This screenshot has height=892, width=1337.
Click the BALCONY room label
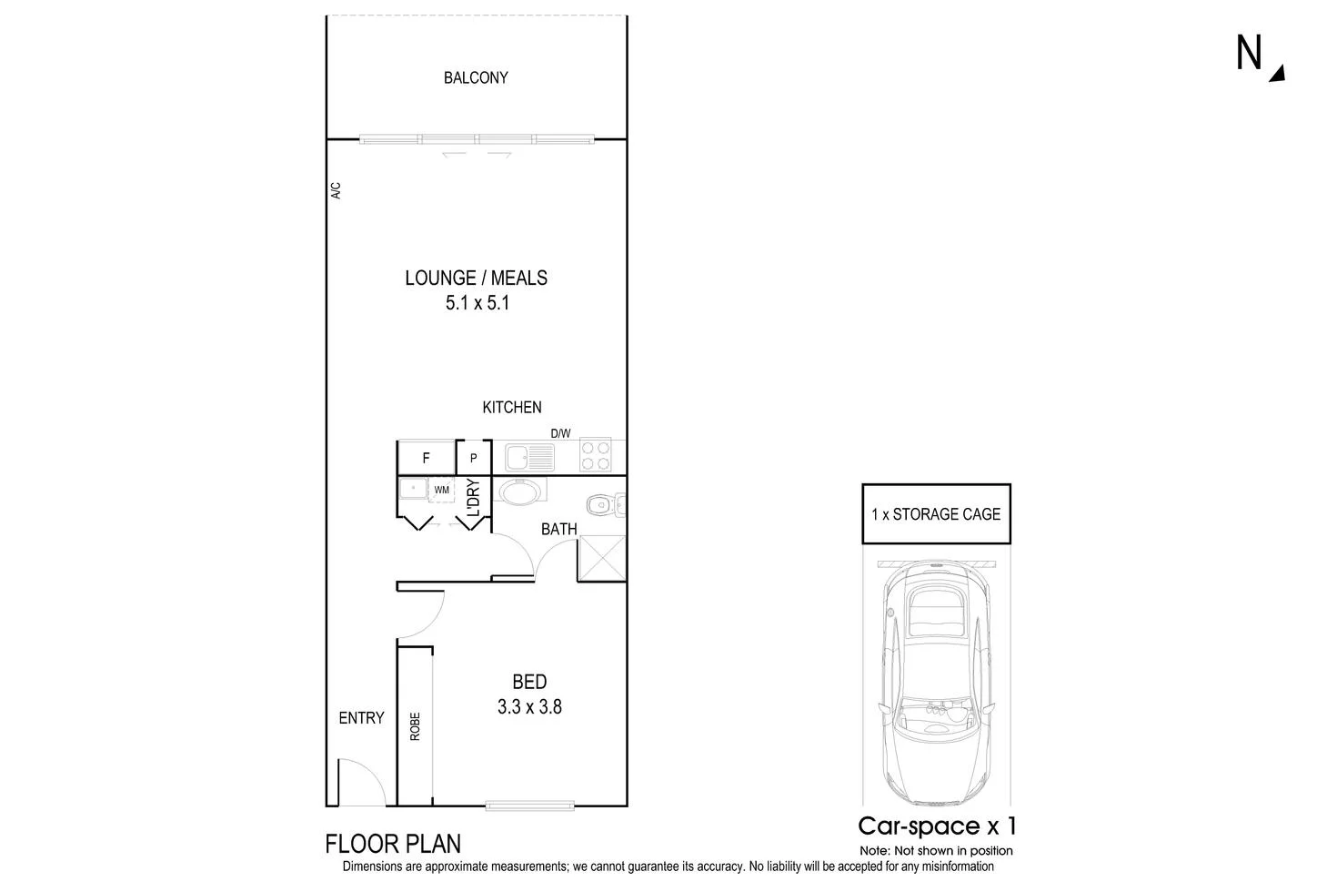click(x=476, y=78)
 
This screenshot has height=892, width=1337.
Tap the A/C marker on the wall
click(x=335, y=191)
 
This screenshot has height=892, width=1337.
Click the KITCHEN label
click(x=512, y=408)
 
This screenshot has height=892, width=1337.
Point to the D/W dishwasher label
click(x=560, y=433)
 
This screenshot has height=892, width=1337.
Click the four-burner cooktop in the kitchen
click(x=595, y=455)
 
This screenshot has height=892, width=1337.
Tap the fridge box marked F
click(x=426, y=458)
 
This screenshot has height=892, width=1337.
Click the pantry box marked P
click(x=473, y=458)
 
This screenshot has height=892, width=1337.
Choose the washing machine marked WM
click(x=441, y=490)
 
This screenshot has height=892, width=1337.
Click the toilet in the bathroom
click(x=601, y=503)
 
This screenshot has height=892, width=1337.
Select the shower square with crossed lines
click(x=601, y=558)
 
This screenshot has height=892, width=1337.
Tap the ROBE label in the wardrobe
click(x=415, y=725)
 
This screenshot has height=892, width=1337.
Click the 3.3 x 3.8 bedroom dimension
click(x=529, y=706)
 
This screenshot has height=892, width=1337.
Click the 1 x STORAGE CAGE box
click(x=936, y=514)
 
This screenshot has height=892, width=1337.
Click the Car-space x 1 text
click(x=937, y=826)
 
